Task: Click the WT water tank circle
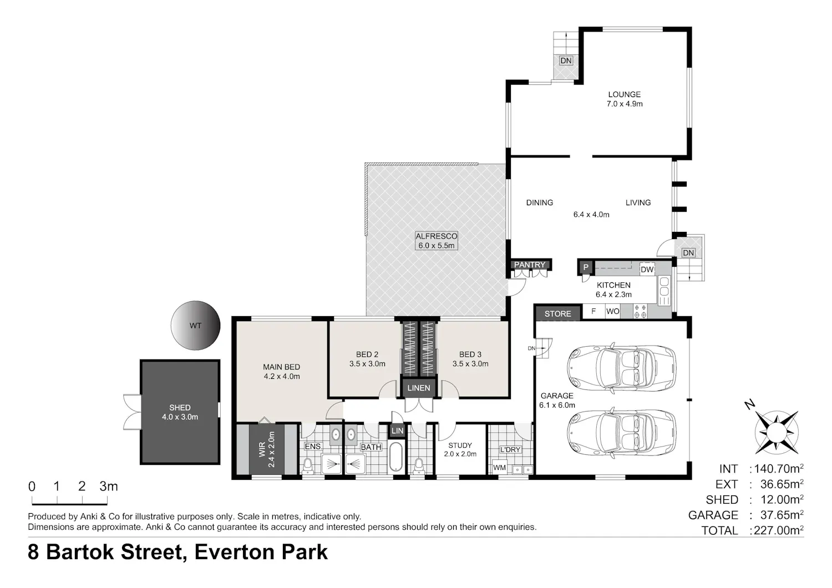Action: click(195, 326)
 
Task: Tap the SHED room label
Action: click(180, 408)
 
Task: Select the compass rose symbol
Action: click(777, 432)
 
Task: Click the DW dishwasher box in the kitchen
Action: click(647, 270)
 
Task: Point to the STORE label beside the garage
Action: click(557, 314)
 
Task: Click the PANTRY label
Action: click(530, 265)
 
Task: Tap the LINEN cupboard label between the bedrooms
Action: click(419, 388)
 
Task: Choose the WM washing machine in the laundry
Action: click(499, 468)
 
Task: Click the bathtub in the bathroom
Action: click(396, 457)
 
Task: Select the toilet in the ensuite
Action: click(307, 465)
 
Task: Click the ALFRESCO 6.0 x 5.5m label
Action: click(437, 241)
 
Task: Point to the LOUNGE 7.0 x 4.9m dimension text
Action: click(625, 104)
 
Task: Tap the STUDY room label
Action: click(460, 445)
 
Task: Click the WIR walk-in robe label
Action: click(262, 449)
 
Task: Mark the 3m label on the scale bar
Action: click(109, 486)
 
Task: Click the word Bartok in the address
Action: click(80, 552)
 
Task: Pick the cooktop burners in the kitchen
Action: click(640, 311)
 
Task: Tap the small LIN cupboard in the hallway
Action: click(397, 431)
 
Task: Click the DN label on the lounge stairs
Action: click(566, 60)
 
